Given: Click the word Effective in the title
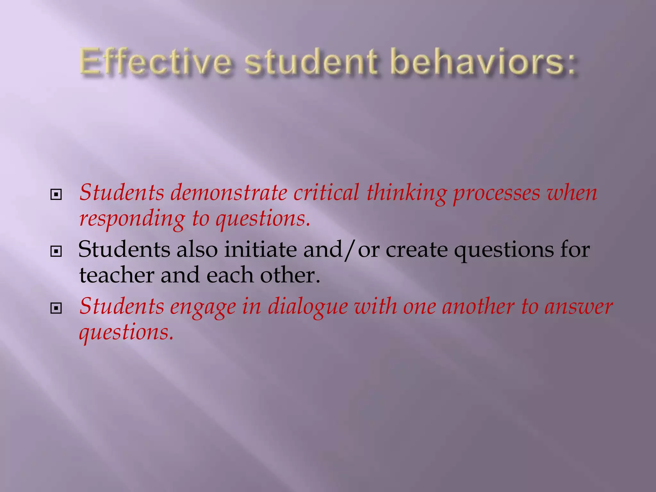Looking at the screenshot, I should click(155, 62).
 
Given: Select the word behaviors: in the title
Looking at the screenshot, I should click(485, 62).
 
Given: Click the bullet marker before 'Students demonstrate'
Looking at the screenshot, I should click(56, 194).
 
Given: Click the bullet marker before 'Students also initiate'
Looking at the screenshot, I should click(56, 251).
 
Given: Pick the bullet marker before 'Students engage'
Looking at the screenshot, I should click(56, 308).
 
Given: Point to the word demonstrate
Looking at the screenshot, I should click(229, 193).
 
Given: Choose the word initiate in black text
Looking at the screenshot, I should click(260, 250).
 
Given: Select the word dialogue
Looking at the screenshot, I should click(307, 307).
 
